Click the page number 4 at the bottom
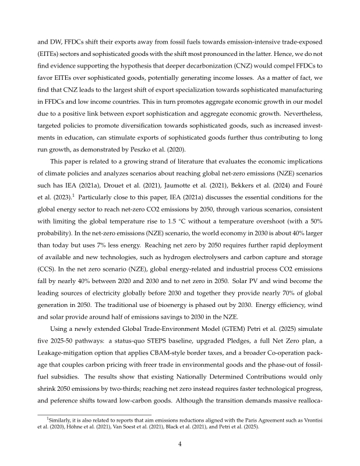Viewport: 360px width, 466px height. click(180, 442)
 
